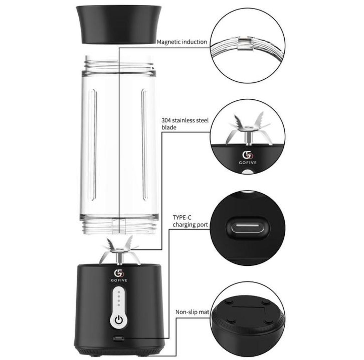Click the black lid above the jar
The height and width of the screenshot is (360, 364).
point(119,24)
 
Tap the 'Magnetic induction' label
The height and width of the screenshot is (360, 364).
point(182,42)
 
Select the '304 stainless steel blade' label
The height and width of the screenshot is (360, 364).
point(185,124)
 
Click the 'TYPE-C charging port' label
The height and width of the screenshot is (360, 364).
point(190,221)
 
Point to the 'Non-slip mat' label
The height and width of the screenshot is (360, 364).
point(192,312)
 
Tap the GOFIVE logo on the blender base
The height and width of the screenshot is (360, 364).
point(119,276)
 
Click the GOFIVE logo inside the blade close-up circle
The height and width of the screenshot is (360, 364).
point(248,158)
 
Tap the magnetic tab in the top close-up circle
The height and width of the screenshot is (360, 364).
point(245,43)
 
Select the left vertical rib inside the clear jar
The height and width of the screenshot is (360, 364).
point(93,144)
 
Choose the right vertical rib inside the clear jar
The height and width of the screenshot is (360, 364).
point(144,144)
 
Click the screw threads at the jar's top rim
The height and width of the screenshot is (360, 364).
point(119,66)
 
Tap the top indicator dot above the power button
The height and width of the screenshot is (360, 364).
point(119,292)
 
